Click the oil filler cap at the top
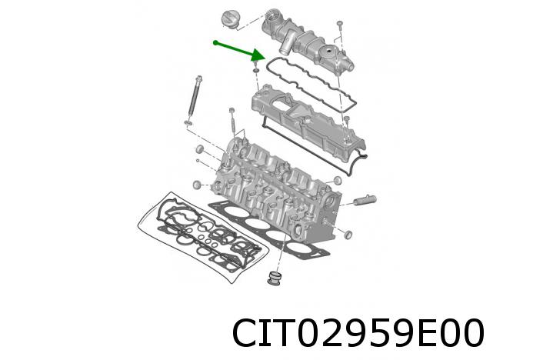tap(230, 19)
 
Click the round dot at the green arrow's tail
tap(215, 42)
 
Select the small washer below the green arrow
tap(255, 70)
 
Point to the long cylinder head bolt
tap(194, 98)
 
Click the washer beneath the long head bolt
tap(188, 122)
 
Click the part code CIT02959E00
tap(358, 333)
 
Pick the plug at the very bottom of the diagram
tap(274, 278)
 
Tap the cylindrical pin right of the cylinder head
tap(365, 201)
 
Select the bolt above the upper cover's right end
tap(340, 27)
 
